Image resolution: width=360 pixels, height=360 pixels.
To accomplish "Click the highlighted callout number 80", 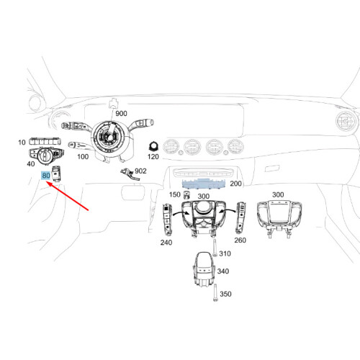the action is pos(46,176).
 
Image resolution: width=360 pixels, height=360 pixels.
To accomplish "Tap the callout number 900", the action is pos(121,114).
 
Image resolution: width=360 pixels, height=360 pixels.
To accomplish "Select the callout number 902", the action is pos(140,171).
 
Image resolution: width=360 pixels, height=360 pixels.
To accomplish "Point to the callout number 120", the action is pos(153,157).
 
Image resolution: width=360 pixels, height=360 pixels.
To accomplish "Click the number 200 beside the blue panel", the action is pos(235,184).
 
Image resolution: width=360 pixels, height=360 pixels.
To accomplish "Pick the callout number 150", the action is pos(175,194).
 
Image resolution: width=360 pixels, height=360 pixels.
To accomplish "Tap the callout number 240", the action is pos(166,243).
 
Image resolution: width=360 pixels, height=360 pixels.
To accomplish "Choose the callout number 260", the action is pos(240,240).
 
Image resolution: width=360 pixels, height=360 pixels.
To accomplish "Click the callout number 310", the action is pos(225,253).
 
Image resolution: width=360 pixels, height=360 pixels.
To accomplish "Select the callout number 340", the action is pos(223,271).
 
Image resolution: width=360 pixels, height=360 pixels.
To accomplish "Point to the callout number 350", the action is pos(225,294).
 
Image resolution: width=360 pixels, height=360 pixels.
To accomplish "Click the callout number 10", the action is pos(22,143).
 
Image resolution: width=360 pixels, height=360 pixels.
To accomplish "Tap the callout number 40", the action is pos(31,164).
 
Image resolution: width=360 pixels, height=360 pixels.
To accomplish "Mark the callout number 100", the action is pos(83,157).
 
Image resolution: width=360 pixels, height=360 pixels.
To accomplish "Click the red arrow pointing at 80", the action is pos(68,197).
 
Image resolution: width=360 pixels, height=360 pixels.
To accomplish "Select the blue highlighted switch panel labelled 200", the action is pos(204,184).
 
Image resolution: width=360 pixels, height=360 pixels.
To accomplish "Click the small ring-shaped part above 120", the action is pos(153,147).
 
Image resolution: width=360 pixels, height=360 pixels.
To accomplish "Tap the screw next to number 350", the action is pos(215,292).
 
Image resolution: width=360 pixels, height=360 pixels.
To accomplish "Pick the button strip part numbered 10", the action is pos(45,141).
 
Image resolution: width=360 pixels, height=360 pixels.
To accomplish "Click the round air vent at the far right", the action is pos(346,122).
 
